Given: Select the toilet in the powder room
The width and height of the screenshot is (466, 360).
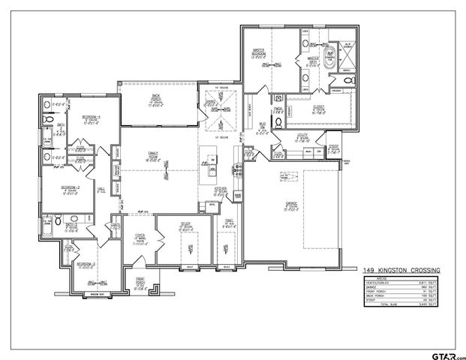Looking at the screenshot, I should click(x=277, y=127).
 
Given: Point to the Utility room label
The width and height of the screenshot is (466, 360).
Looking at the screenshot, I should click(x=303, y=137).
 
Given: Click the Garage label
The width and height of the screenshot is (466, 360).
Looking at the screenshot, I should click(x=291, y=205).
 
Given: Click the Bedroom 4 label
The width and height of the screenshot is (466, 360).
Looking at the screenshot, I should click(x=92, y=121).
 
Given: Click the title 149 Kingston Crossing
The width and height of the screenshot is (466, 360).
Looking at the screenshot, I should click(x=401, y=270).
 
